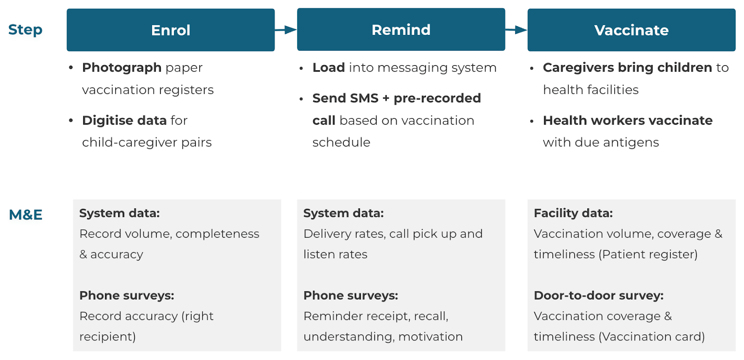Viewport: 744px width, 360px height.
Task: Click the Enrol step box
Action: click(x=171, y=30)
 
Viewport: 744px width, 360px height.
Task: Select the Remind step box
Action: click(x=401, y=30)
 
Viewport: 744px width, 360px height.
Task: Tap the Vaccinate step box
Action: click(x=631, y=30)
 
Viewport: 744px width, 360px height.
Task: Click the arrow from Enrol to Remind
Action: click(x=286, y=30)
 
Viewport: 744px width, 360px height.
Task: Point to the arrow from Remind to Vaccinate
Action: click(x=516, y=30)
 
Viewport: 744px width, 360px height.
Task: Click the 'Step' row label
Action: click(x=25, y=30)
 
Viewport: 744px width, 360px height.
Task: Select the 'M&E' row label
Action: click(x=26, y=214)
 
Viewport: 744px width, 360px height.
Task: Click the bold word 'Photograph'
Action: click(x=122, y=67)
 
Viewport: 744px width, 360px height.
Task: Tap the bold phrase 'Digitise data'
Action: click(x=124, y=120)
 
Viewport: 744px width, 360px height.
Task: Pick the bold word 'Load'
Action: click(x=329, y=67)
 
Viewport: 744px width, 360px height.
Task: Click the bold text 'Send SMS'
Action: click(x=345, y=98)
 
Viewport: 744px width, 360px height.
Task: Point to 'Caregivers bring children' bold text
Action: click(x=627, y=67)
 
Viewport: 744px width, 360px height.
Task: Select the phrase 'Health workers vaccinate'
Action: click(x=628, y=120)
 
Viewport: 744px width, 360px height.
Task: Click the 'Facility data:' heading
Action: click(x=573, y=213)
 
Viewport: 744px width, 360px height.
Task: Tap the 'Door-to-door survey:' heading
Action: click(x=598, y=295)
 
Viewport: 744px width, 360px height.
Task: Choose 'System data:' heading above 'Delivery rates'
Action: click(x=344, y=213)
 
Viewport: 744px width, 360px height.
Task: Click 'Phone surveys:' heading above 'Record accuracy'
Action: click(x=127, y=295)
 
